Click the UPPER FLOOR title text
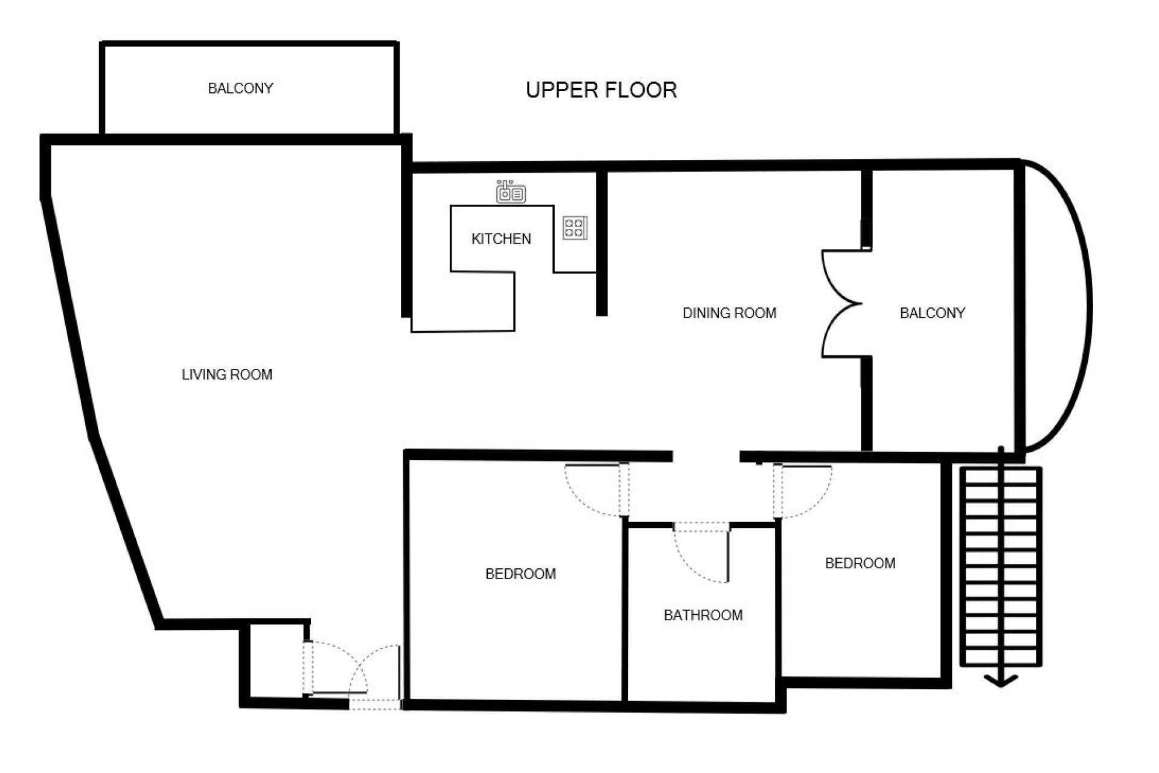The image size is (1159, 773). [x=601, y=90]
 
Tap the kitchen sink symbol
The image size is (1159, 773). [x=511, y=191]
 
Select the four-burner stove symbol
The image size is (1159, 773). [x=575, y=228]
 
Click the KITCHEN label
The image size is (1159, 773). [x=501, y=239]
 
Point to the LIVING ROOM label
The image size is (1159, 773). [x=227, y=374]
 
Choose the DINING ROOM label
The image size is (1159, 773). [x=729, y=313]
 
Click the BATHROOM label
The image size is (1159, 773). [x=703, y=615]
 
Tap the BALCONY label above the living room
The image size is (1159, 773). [x=240, y=88]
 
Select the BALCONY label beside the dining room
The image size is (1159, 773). [x=932, y=313]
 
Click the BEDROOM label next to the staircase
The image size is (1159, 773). [x=860, y=563]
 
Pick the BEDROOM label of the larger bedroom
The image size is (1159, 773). [x=520, y=574]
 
